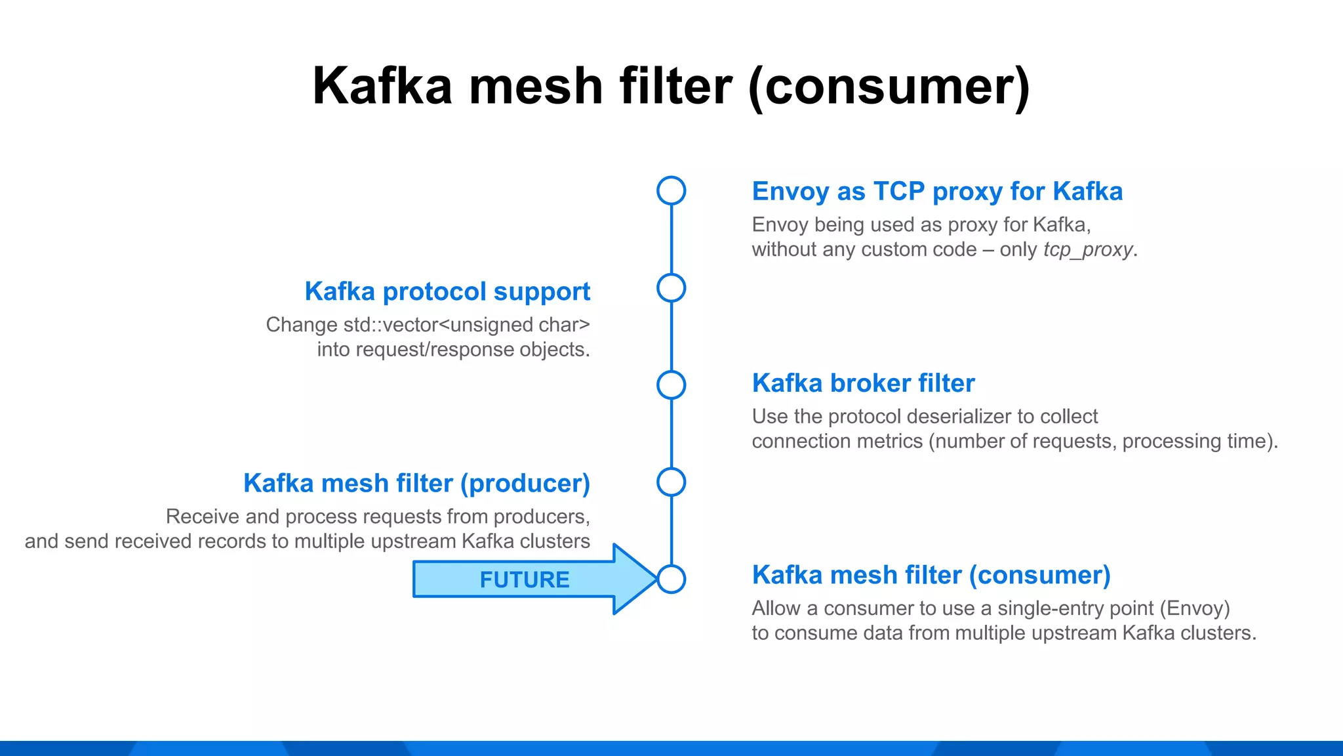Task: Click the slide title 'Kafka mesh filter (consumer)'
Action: pyautogui.click(x=671, y=86)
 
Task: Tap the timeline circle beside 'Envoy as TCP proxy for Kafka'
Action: pyautogui.click(x=671, y=191)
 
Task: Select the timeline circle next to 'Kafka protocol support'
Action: pyautogui.click(x=671, y=288)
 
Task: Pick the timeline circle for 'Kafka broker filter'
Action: pyautogui.click(x=671, y=385)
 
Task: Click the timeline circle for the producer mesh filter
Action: pyautogui.click(x=671, y=482)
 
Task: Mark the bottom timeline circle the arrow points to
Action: pyautogui.click(x=671, y=579)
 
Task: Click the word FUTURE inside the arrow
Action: pyautogui.click(x=525, y=579)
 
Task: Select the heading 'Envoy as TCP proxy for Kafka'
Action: pyautogui.click(x=937, y=192)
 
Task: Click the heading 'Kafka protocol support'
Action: pyautogui.click(x=447, y=291)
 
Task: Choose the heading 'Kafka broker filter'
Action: pyautogui.click(x=863, y=383)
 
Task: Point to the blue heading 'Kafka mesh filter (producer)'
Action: pyautogui.click(x=416, y=484)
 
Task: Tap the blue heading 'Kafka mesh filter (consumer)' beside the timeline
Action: pyautogui.click(x=931, y=575)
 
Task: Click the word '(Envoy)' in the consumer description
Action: pyautogui.click(x=1195, y=608)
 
